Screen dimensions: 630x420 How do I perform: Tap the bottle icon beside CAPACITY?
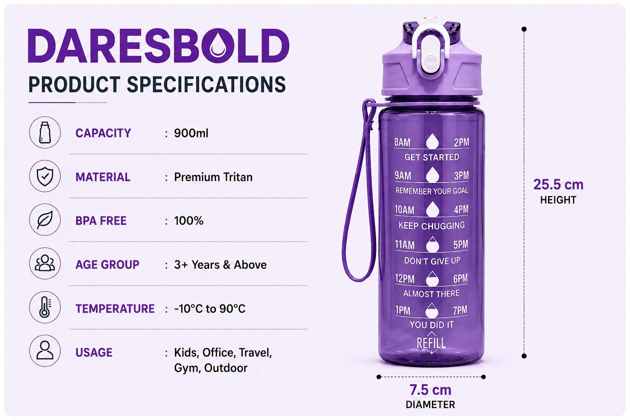coord(45,132)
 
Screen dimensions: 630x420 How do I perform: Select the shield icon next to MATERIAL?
coord(45,176)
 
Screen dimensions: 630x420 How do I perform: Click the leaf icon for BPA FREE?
coord(45,220)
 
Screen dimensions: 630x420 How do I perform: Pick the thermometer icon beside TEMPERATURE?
coord(45,307)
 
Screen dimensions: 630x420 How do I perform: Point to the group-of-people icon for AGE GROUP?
coord(45,263)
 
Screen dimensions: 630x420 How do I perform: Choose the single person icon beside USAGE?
coord(45,351)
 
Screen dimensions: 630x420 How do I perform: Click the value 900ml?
coord(191,133)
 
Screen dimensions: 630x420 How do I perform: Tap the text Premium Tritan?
coord(213,177)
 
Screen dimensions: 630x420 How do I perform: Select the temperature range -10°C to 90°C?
coord(210,308)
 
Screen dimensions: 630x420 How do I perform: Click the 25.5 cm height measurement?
coord(558,185)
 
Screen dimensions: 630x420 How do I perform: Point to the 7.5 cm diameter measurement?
coord(430,390)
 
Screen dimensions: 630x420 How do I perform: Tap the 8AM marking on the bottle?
coord(402,142)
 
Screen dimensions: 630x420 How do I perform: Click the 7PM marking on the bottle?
coord(460,310)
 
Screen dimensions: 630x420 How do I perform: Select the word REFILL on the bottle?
coord(431,343)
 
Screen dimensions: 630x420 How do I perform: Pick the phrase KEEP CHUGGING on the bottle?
coord(431,225)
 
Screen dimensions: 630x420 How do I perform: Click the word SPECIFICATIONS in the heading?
coord(206,84)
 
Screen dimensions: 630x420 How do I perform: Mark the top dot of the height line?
coord(524,29)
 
